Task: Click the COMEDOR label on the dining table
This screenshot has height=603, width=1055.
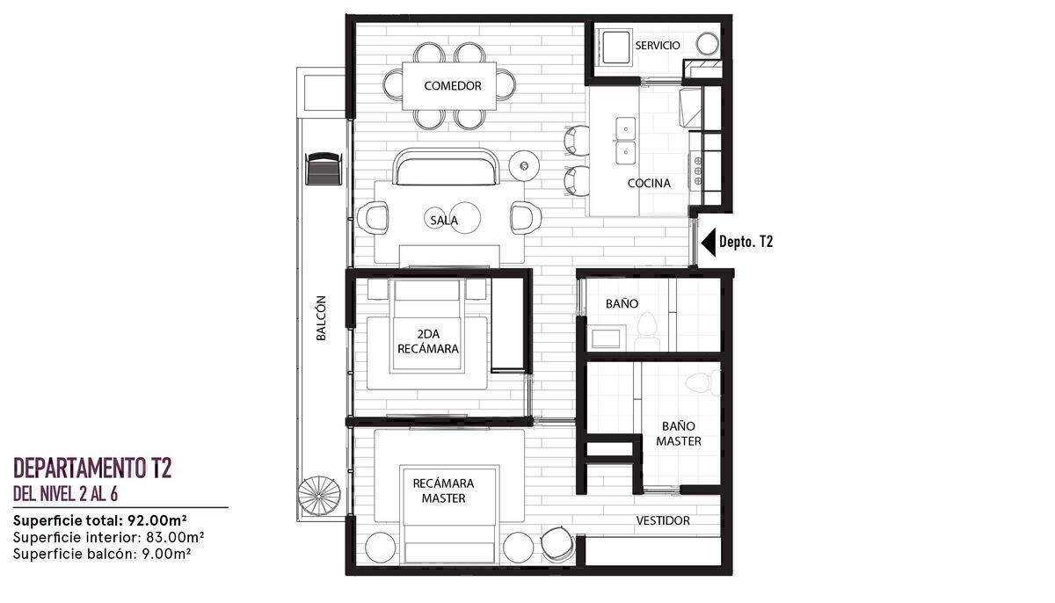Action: [x=453, y=85]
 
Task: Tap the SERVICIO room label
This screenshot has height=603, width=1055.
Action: [x=658, y=45]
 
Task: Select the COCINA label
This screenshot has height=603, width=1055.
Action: [x=649, y=183]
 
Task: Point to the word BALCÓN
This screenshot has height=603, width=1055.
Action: [x=321, y=317]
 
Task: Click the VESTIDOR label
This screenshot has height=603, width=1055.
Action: [x=663, y=520]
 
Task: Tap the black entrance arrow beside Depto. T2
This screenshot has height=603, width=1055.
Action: [x=709, y=242]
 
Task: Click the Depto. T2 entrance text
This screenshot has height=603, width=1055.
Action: [x=746, y=242]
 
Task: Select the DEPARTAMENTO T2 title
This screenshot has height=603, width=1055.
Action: [x=92, y=468]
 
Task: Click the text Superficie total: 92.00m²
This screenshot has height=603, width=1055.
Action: [x=100, y=520]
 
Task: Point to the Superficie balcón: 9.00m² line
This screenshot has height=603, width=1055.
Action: [x=102, y=554]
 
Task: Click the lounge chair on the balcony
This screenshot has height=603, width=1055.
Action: [x=323, y=169]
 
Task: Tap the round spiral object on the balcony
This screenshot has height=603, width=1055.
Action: [x=319, y=496]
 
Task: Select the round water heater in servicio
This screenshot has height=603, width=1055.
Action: [x=707, y=44]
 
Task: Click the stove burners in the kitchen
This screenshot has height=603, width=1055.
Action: [x=697, y=171]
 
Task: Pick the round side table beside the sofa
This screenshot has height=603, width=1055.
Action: [x=524, y=165]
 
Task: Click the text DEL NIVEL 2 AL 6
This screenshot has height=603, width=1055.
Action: [x=65, y=494]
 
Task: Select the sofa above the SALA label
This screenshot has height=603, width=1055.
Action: [x=446, y=167]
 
